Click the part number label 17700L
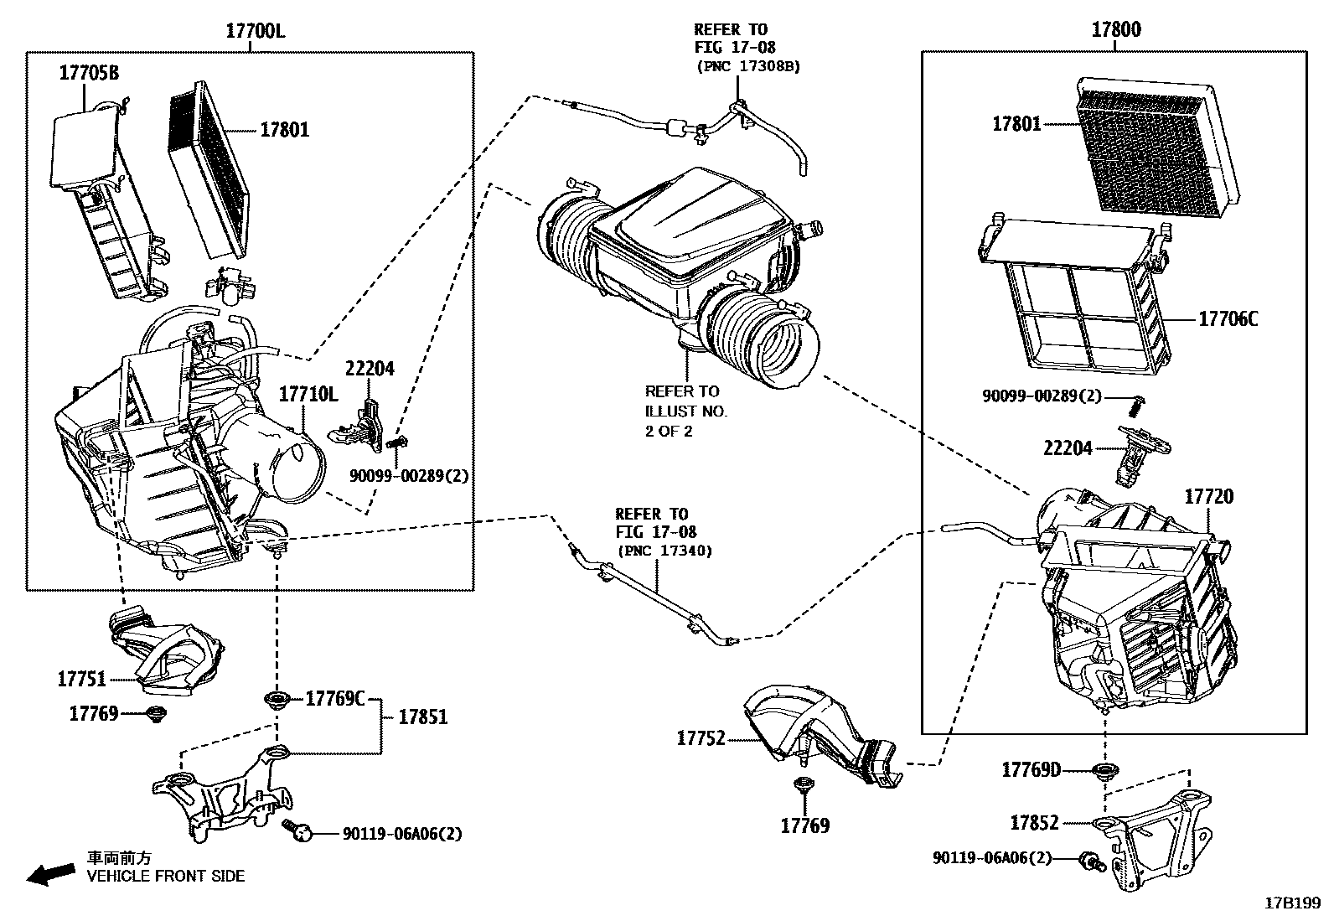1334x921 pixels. [x=255, y=31]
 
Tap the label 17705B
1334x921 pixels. [x=88, y=73]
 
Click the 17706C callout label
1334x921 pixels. [x=1228, y=319]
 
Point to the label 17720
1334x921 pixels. [x=1208, y=497]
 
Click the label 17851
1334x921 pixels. [x=422, y=717]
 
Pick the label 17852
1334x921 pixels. [x=1034, y=823]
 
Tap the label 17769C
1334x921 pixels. [x=334, y=698]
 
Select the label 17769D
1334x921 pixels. [x=1032, y=769]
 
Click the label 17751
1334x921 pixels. [x=81, y=680]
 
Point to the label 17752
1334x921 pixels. [x=701, y=738]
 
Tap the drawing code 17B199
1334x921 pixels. [x=1292, y=904]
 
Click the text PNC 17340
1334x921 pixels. [x=664, y=551]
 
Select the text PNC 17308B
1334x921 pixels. [x=747, y=66]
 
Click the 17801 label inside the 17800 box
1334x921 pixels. [x=1016, y=124]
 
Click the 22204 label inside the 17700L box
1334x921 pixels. [x=370, y=369]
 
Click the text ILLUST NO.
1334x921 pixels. [x=685, y=411]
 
